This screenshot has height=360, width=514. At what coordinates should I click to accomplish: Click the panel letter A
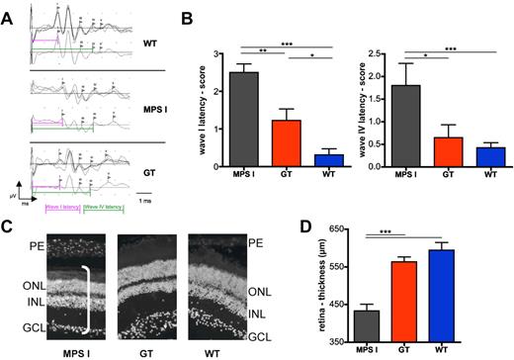8,12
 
